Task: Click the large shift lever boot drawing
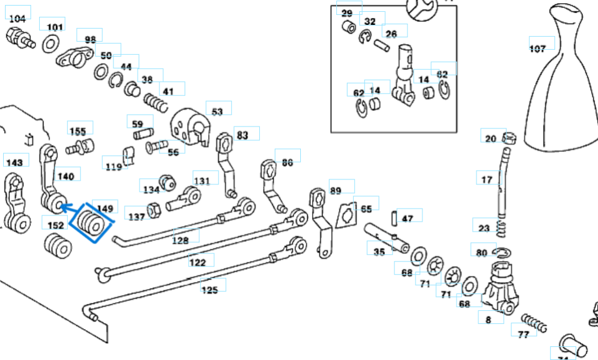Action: tap(561, 93)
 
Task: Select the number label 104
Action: tap(17, 19)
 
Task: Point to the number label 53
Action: tap(217, 112)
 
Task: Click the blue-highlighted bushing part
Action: tap(90, 225)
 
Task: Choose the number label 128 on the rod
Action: tap(181, 240)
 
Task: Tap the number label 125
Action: tap(209, 290)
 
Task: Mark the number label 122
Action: tap(197, 263)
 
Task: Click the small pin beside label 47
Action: tap(394, 218)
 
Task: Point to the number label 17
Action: tap(487, 180)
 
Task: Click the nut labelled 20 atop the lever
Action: tap(508, 138)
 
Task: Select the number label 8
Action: tap(488, 320)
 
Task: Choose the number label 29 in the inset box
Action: tap(347, 13)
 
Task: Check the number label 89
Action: tap(336, 191)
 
